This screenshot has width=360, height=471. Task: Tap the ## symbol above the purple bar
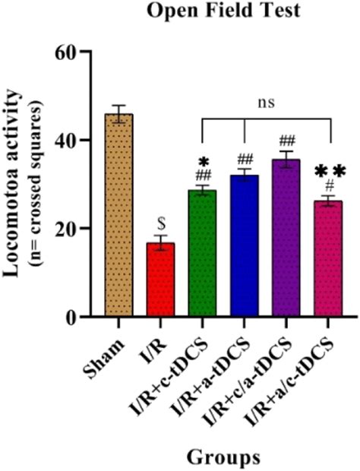point(286,141)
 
